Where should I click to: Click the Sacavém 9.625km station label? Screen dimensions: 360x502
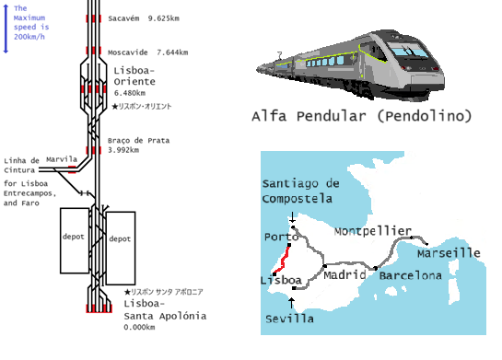tap(151, 18)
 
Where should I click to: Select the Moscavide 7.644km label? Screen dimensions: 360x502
tap(147, 52)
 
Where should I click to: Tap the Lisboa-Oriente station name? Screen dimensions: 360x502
tap(134, 75)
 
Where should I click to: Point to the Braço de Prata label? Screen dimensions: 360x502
tap(139, 140)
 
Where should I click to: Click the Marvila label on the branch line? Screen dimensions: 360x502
tap(61, 158)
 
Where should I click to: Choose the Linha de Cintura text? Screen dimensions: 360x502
tap(21, 165)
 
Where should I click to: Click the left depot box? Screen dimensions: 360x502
tap(74, 240)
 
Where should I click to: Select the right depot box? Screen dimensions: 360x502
tap(121, 240)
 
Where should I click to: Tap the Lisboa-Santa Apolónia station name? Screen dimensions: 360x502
tap(164, 309)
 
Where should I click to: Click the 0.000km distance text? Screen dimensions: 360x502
tap(138, 327)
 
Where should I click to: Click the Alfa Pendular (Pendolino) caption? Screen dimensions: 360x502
tap(360, 117)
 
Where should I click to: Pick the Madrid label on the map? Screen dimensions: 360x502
tap(345, 275)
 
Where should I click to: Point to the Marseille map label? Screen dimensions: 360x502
tap(449, 252)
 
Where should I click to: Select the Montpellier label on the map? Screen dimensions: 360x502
tap(371, 231)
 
